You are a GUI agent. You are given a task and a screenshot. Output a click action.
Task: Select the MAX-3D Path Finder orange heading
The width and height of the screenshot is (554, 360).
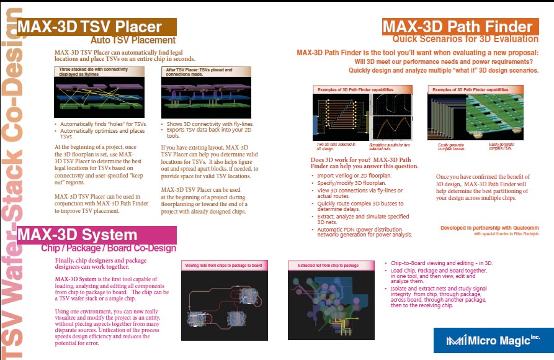click(457, 27)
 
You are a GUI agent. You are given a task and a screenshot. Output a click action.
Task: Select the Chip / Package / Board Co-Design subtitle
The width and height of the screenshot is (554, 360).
click(109, 248)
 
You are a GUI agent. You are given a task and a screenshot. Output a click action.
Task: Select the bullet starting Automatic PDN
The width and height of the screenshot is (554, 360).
click(359, 232)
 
